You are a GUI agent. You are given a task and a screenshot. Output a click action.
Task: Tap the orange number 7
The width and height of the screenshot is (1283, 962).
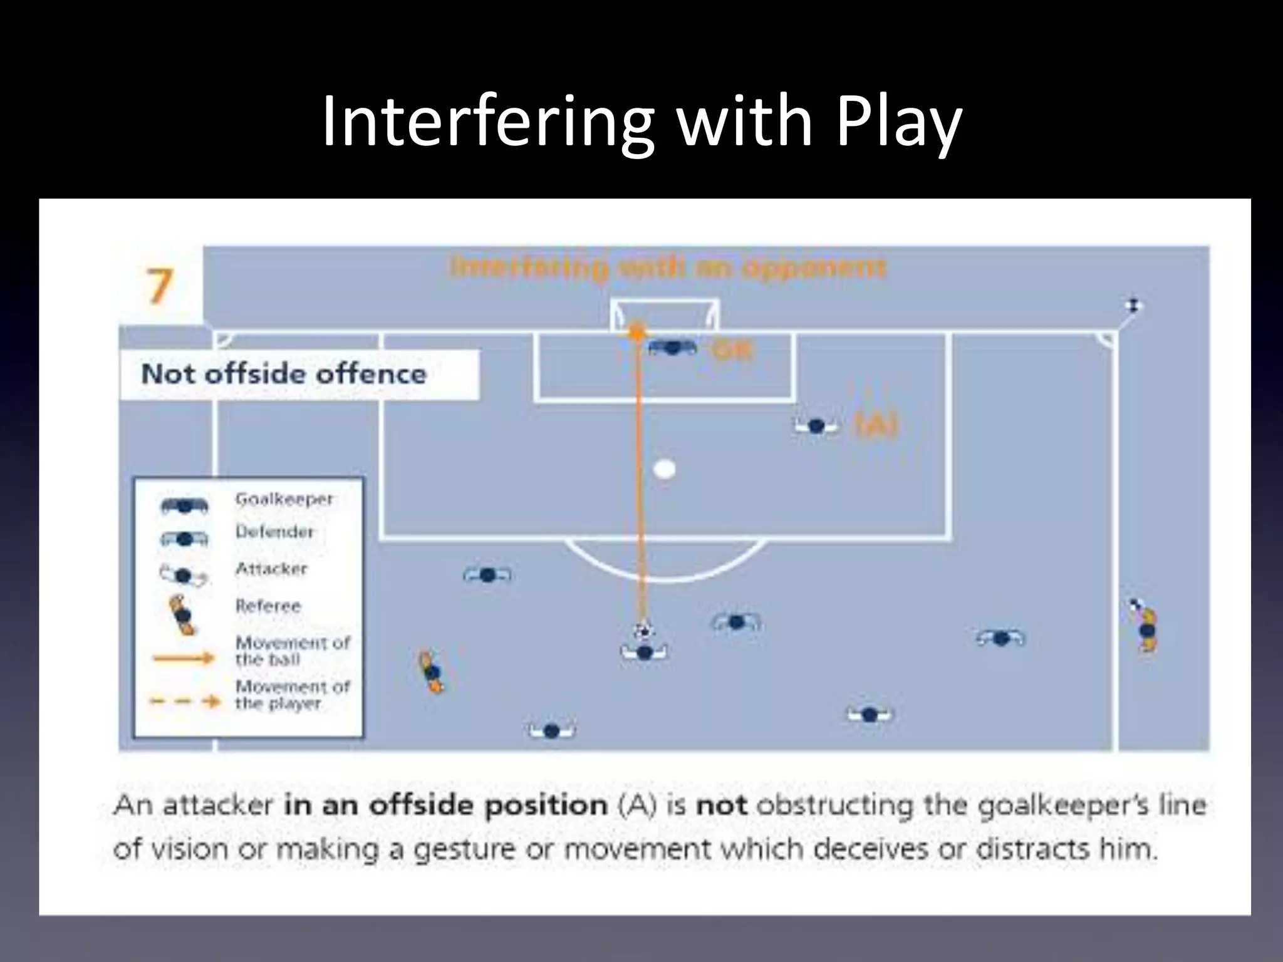pos(158,287)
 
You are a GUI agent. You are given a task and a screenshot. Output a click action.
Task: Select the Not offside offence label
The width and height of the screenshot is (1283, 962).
pos(284,375)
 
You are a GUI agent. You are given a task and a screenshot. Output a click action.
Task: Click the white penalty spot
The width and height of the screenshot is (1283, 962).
pos(664,468)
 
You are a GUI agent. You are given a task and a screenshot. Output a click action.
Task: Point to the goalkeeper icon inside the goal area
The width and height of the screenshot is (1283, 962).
pos(672,348)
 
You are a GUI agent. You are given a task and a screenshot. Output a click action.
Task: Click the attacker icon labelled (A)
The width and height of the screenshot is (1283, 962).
pos(816,427)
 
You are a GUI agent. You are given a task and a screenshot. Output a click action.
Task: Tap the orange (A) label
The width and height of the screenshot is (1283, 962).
pos(877,427)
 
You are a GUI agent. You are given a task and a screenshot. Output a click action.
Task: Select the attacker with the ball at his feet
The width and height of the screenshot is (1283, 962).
pos(645,652)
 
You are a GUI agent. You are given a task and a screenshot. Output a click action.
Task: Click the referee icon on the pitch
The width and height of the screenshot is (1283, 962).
pos(432,672)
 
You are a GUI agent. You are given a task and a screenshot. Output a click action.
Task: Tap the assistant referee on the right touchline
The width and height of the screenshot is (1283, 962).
pos(1147,629)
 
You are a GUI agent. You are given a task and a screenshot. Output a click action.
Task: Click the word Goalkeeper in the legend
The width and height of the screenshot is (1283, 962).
pos(284,499)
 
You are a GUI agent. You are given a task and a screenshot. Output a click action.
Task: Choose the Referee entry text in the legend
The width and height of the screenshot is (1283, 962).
pos(268,606)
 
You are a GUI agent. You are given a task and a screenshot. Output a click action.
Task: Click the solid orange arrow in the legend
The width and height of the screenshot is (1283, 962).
pos(184,658)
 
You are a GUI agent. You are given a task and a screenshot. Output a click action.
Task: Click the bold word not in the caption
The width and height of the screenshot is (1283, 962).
pos(722,805)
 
